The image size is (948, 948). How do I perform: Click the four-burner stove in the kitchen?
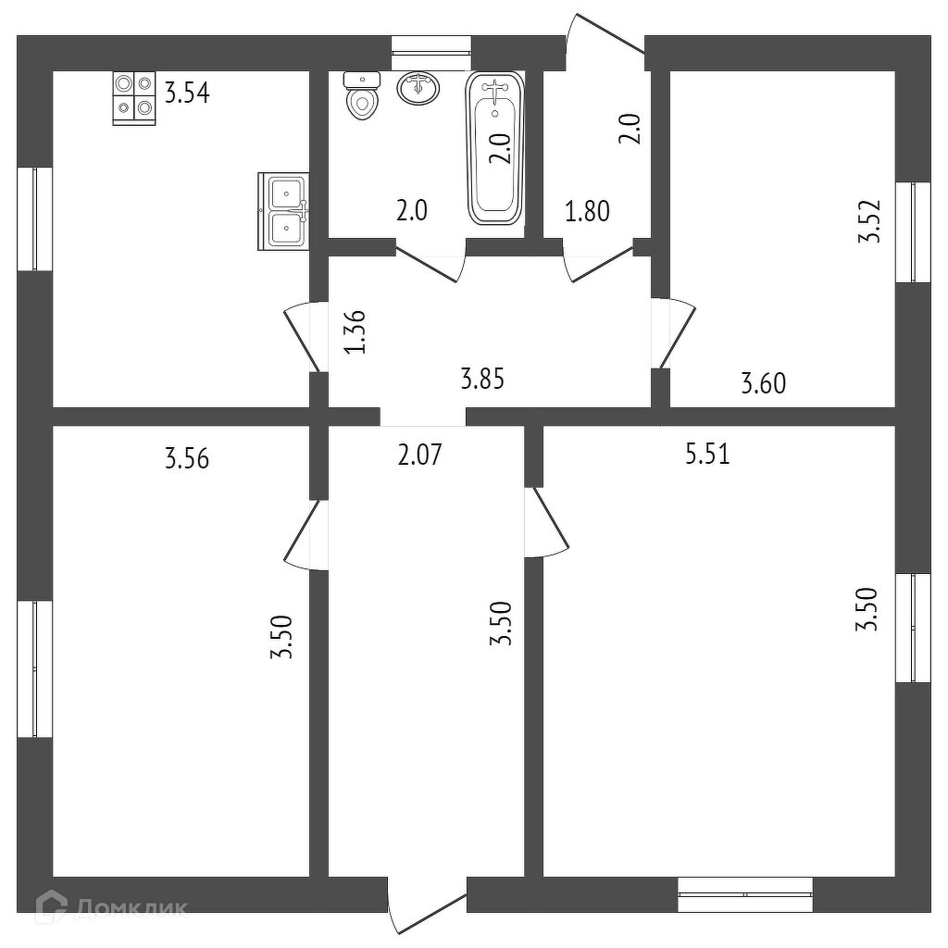(133, 97)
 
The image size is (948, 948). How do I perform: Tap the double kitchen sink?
(287, 211)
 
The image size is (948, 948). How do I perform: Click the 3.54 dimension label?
(188, 94)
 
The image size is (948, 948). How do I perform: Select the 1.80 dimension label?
(588, 212)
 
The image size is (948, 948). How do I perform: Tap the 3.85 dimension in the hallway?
(483, 378)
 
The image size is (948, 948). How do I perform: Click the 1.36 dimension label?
(355, 331)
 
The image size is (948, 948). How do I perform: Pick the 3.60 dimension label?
(763, 381)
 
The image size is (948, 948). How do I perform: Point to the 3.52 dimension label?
(868, 223)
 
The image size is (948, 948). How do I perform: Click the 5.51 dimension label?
(707, 455)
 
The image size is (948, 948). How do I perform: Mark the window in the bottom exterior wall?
(745, 894)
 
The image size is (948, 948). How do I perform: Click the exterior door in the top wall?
(606, 42)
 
